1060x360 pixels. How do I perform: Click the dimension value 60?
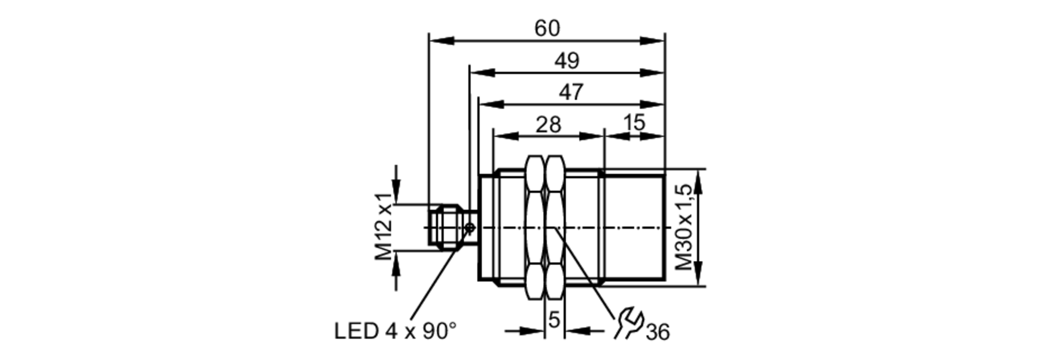coord(546,28)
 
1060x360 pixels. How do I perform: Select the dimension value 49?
coord(567,61)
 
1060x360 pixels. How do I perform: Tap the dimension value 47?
coord(571,92)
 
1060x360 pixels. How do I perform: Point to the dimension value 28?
coord(548,125)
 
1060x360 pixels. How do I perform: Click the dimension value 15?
coord(634,123)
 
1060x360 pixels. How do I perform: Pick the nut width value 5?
coord(554,320)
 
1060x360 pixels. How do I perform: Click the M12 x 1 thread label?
coord(384,227)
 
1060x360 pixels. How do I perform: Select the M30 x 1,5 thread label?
coord(684,227)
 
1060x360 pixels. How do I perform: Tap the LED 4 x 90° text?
coord(395,331)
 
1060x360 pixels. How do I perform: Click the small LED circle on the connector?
coord(470,228)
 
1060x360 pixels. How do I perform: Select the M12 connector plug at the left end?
coord(445,227)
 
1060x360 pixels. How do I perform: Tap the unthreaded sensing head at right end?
coord(634,228)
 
